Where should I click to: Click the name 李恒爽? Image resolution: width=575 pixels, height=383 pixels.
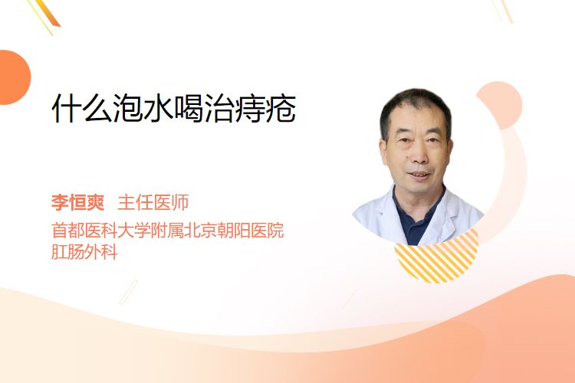(x=77, y=202)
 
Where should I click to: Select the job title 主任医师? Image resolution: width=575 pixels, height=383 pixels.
(x=153, y=202)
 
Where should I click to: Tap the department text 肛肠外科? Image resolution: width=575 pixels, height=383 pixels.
(x=84, y=252)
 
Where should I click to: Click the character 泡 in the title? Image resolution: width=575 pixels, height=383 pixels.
(x=127, y=108)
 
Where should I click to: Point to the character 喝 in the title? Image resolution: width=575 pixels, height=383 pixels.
(x=188, y=108)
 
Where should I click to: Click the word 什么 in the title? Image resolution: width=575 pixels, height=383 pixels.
(x=82, y=108)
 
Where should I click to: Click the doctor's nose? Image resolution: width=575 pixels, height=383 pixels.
(x=419, y=155)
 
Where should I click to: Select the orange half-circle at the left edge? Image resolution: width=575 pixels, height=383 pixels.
(x=14, y=77)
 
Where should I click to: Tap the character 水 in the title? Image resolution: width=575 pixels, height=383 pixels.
(x=158, y=108)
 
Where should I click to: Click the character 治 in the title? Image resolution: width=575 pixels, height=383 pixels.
(x=219, y=108)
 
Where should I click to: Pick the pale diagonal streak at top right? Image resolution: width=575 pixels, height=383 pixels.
(x=503, y=10)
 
